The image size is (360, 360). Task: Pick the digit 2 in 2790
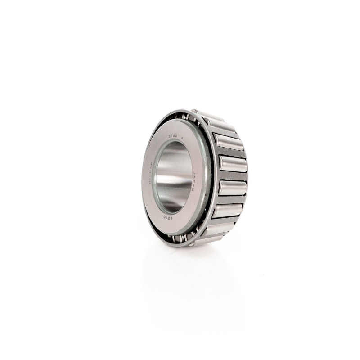click(x=170, y=136)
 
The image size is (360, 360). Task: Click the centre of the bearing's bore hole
click(x=174, y=177)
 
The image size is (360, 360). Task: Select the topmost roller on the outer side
click(x=211, y=118)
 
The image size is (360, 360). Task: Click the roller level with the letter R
click(x=227, y=142)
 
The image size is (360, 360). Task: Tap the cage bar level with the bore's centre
click(x=232, y=176)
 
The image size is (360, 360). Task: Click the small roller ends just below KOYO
click(x=182, y=238)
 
